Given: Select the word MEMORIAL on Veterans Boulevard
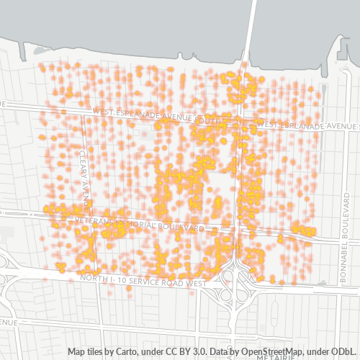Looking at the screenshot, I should (144, 224).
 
